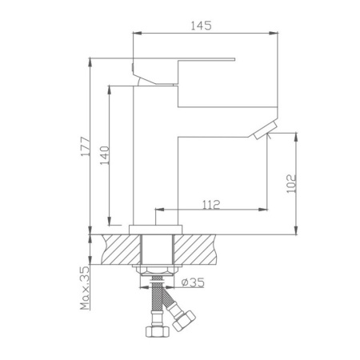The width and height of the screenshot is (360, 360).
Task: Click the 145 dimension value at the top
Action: tap(202, 26)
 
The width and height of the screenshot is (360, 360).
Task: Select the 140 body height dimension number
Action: tap(105, 155)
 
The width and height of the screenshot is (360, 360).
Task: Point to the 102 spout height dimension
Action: tap(291, 184)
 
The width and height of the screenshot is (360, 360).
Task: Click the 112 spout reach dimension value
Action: tap(211, 205)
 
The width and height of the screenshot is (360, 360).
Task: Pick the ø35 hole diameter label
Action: tap(193, 282)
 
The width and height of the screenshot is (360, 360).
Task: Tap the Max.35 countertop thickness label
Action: tap(86, 288)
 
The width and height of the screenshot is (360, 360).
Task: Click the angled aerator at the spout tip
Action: tap(266, 130)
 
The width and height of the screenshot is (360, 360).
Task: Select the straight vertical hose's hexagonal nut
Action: tap(158, 331)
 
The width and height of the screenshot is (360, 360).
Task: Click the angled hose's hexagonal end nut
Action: tap(184, 321)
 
